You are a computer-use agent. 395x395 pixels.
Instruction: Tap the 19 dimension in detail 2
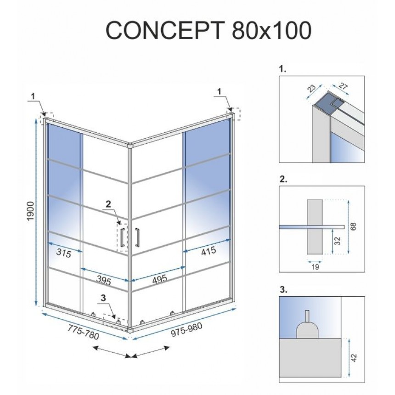pos(315,266)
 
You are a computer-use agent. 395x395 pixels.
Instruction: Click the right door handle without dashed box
pos(137,238)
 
